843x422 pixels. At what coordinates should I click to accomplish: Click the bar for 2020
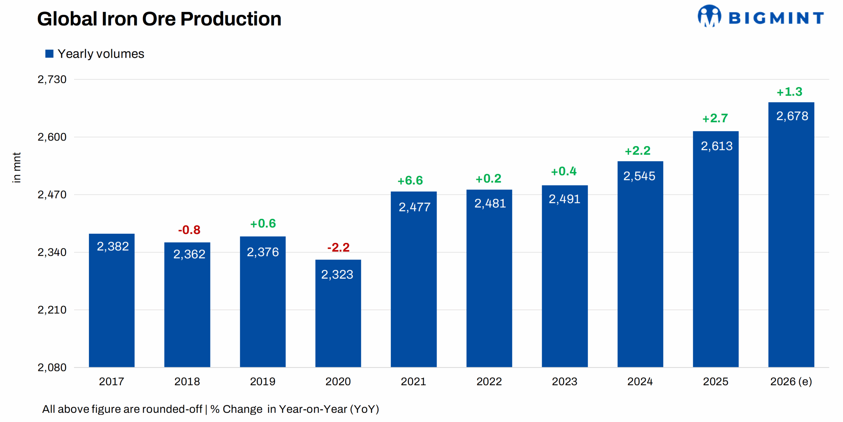coord(338,313)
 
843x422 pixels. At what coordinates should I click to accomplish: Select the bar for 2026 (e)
coord(791,234)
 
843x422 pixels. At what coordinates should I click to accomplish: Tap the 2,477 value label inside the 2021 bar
coord(414,207)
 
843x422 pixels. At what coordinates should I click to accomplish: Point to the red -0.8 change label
coord(189,230)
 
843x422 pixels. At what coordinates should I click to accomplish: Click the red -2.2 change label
coord(338,247)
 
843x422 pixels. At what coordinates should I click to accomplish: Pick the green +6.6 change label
coord(410,180)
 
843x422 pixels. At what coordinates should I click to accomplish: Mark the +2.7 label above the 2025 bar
coord(715,118)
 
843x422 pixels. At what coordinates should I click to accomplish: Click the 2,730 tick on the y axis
coord(52,79)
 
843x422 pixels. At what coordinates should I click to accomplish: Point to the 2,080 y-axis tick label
coord(52,367)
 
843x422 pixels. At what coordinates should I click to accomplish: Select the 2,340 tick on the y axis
coord(52,252)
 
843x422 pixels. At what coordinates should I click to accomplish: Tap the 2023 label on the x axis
coord(564,381)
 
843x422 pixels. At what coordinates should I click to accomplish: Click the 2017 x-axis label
coord(111,381)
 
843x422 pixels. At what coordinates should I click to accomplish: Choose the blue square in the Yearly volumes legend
coord(49,54)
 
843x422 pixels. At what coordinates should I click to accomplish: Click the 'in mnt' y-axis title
coord(16,167)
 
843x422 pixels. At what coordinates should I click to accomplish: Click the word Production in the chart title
coord(231,19)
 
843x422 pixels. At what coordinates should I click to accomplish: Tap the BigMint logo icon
coord(709,16)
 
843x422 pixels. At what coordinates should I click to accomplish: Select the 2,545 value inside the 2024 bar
coord(639,176)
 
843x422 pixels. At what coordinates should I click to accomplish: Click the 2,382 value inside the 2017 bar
coord(113,246)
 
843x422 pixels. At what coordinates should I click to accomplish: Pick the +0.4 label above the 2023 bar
coord(564,171)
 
